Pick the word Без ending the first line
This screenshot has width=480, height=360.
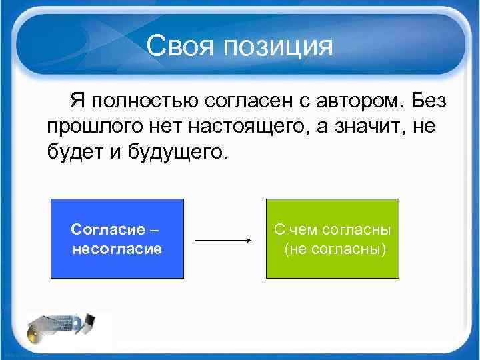point(429,102)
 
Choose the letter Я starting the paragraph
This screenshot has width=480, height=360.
point(77,102)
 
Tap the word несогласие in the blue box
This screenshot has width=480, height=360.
point(117,249)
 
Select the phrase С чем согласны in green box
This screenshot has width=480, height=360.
point(332,230)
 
